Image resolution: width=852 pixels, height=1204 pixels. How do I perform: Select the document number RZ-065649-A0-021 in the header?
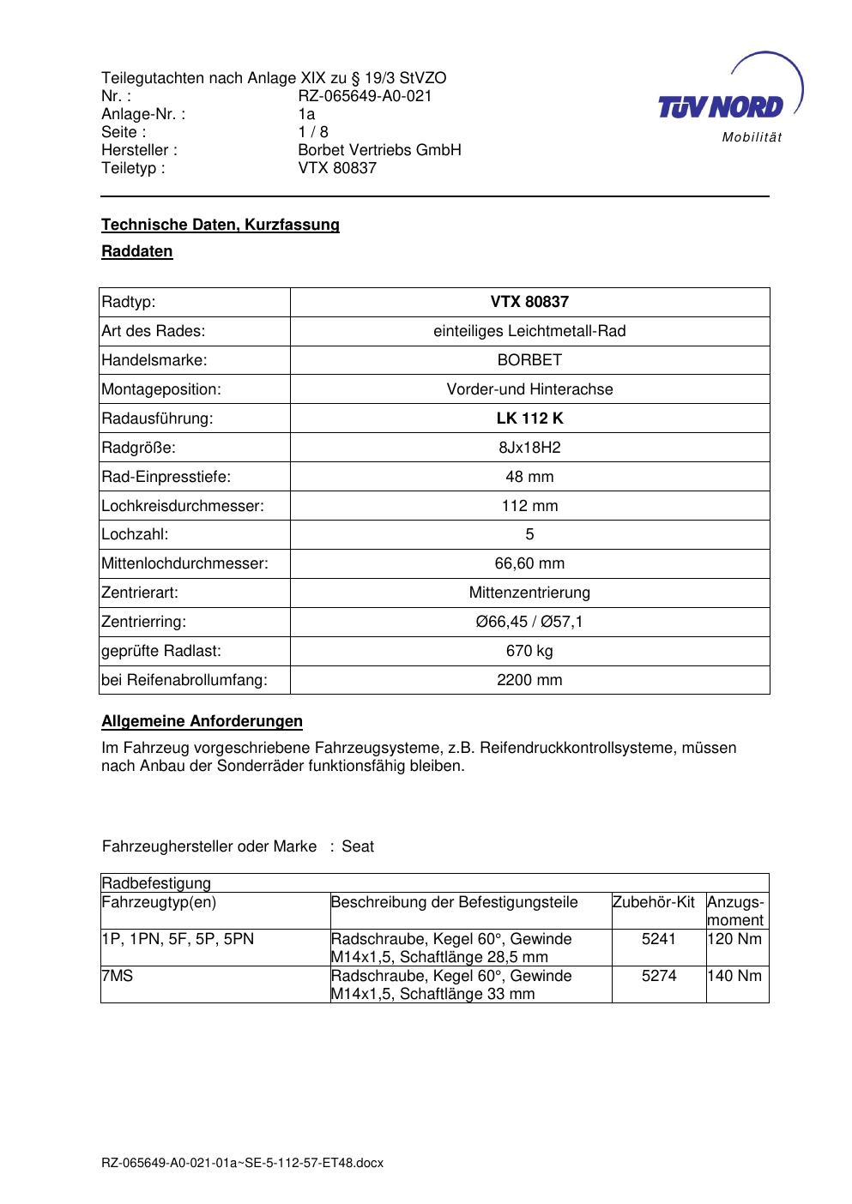coord(365,96)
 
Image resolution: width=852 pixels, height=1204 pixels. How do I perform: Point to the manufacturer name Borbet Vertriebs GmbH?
coord(379,150)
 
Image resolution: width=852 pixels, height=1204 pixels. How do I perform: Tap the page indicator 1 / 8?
coord(313,132)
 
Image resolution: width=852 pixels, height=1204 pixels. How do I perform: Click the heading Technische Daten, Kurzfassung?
coord(221,225)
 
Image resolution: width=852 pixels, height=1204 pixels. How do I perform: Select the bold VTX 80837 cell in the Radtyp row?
coord(529,302)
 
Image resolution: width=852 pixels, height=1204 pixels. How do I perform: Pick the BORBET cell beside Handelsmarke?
coord(529,360)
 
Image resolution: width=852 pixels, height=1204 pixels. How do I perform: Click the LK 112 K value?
coord(529,418)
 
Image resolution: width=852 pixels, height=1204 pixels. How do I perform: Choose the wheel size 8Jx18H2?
coord(529,448)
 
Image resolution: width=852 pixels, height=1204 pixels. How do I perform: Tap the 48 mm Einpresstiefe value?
coord(529,477)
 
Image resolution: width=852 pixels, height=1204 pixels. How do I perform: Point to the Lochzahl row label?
coord(135,534)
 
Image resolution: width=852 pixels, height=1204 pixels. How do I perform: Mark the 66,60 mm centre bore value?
coord(529,563)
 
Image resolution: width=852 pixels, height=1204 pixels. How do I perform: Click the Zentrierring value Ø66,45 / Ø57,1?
coord(529,622)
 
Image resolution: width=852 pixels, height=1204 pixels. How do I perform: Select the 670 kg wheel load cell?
coord(529,651)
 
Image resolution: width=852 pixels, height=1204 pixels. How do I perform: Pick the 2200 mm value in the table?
coord(529,680)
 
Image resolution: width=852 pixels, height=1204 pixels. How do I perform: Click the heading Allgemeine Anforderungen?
coord(202,721)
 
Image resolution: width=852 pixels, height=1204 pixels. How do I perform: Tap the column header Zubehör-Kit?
coord(654,902)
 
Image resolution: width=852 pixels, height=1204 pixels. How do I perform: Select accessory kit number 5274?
coord(659,976)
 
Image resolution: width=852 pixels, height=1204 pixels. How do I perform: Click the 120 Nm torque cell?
coord(734,939)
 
